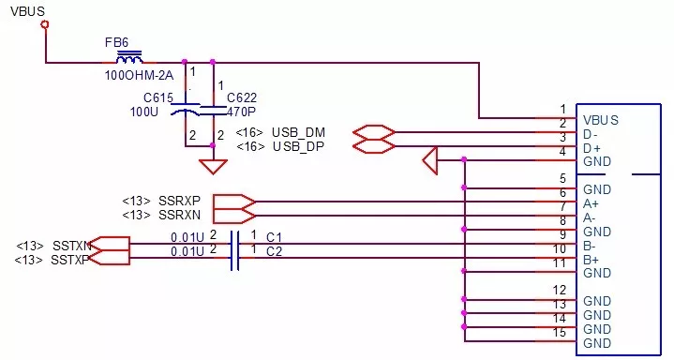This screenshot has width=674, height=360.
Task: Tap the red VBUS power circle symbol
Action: pos(44,26)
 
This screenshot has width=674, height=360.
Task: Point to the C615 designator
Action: pos(159,97)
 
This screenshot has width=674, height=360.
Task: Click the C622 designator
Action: pos(241,97)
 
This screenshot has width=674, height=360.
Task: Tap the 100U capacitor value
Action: pos(145,111)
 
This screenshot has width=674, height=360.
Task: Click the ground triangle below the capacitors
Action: pos(214,166)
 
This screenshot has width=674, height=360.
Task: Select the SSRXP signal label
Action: pos(180,201)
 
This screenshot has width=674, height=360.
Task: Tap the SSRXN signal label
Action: pos(180,215)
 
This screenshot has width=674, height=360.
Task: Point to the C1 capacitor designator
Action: pos(275,237)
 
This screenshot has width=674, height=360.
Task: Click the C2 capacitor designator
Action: pos(275,251)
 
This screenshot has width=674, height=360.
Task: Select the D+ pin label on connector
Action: pos(592,148)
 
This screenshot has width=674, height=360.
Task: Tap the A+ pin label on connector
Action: pos(592,203)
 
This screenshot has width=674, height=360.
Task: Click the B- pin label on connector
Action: pos(592,246)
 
